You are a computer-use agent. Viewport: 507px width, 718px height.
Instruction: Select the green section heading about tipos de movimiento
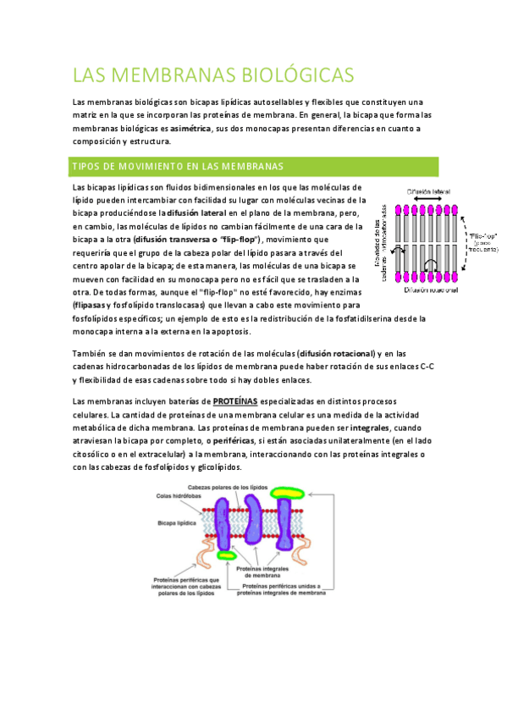point(178,166)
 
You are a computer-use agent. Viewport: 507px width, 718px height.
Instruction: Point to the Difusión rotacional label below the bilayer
point(433,290)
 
